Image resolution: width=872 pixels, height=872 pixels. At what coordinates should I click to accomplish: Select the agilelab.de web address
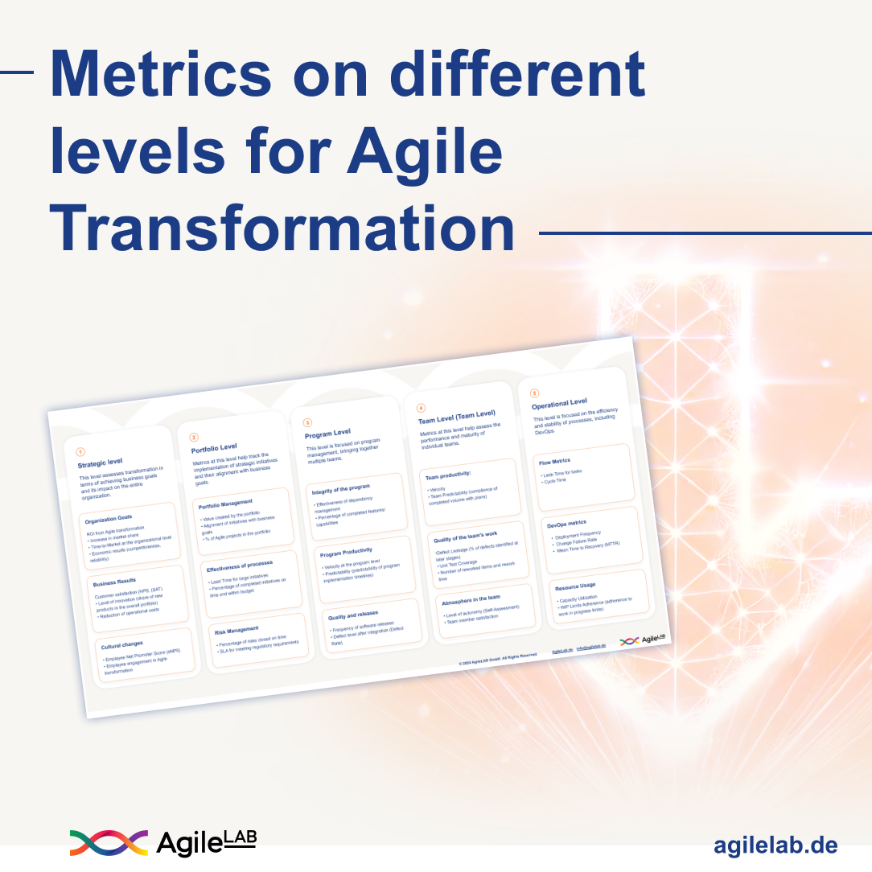pos(775,845)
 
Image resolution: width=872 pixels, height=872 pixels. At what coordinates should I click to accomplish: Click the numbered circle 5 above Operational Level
pos(534,393)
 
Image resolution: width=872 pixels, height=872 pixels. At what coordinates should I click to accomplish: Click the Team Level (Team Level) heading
pos(456,417)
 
